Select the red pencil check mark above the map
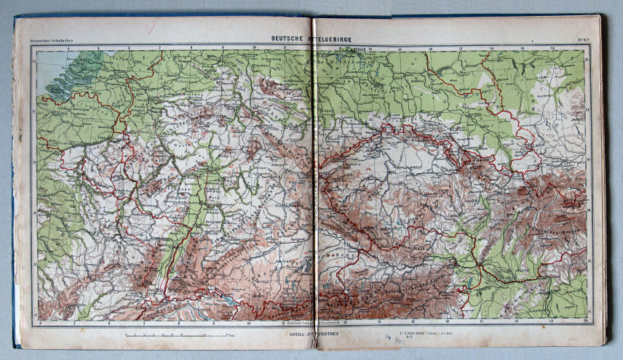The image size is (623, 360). [x=150, y=28]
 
